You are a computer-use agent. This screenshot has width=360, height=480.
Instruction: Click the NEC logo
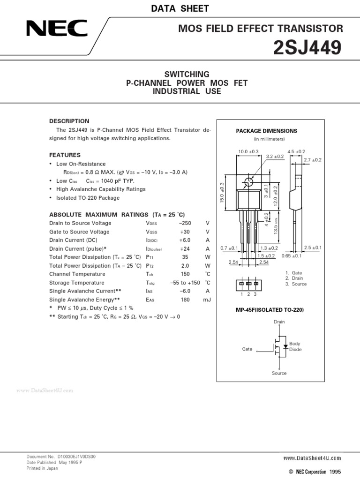57,30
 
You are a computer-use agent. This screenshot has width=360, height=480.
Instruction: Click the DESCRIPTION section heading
69,121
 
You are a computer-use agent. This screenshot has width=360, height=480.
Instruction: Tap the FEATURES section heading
65,155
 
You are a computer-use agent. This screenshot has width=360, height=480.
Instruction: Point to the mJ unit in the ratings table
207,300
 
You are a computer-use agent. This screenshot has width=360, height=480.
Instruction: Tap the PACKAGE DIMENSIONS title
266,131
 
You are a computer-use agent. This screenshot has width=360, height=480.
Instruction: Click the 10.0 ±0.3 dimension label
248,152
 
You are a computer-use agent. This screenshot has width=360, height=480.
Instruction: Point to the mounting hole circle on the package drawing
248,181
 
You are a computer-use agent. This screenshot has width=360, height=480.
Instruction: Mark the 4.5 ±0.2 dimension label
296,152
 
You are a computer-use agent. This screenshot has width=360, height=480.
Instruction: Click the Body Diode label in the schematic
295,346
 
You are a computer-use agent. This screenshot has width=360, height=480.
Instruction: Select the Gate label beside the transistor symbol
247,349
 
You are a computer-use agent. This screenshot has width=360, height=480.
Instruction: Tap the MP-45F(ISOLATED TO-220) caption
266,310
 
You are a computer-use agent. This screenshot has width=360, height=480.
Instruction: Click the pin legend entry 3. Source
296,284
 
